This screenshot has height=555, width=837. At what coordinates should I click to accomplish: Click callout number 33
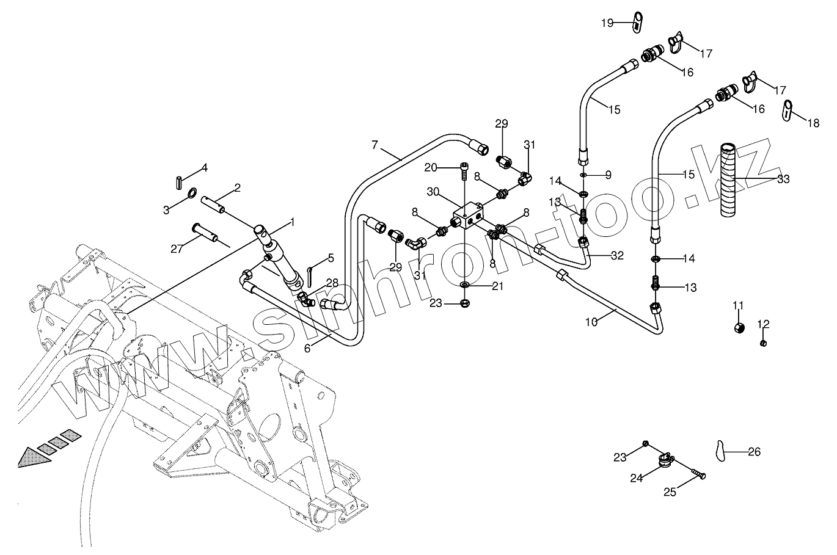click(x=783, y=179)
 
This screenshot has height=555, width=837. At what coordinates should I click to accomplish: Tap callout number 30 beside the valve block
click(x=433, y=191)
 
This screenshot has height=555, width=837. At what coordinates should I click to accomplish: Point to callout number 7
click(x=376, y=145)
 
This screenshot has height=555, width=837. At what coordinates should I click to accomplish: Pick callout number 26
click(x=755, y=452)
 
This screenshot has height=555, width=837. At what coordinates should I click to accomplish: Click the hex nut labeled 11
click(x=739, y=327)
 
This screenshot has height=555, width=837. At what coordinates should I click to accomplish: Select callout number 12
click(x=764, y=324)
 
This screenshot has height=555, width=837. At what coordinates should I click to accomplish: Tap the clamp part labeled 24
click(x=665, y=459)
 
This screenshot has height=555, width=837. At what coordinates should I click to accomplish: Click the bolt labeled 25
click(x=698, y=473)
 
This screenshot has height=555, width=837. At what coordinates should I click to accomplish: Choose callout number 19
click(x=607, y=23)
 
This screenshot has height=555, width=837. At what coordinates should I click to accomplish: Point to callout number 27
click(x=177, y=248)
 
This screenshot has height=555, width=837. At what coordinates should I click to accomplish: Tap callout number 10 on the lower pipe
click(x=591, y=322)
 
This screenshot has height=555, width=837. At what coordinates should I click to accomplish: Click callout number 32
click(x=617, y=256)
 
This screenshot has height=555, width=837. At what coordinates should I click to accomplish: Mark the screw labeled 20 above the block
click(x=464, y=172)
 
